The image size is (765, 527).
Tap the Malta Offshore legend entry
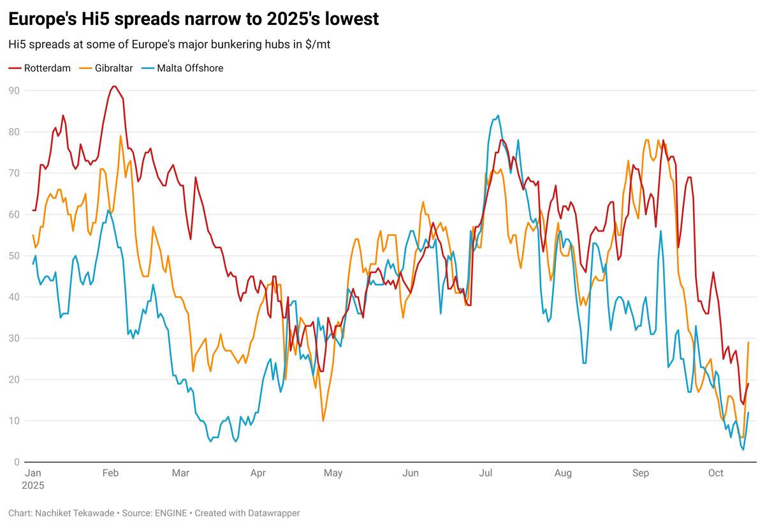click(189, 68)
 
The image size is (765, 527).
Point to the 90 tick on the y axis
click(13, 91)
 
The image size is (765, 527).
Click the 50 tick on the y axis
click(13, 256)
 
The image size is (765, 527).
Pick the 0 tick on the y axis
click(17, 462)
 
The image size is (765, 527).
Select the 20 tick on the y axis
click(13, 380)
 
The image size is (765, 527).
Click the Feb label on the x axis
click(110, 473)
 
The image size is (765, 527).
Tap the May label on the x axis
click(333, 473)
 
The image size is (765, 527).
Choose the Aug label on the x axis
click(563, 473)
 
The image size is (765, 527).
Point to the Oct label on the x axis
click(716, 473)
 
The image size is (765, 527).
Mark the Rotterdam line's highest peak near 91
click(113, 86)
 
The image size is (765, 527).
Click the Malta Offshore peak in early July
click(498, 115)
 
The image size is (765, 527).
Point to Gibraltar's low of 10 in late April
click(323, 420)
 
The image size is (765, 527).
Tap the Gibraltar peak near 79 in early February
click(120, 136)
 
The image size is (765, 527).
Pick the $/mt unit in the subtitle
click(316, 45)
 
